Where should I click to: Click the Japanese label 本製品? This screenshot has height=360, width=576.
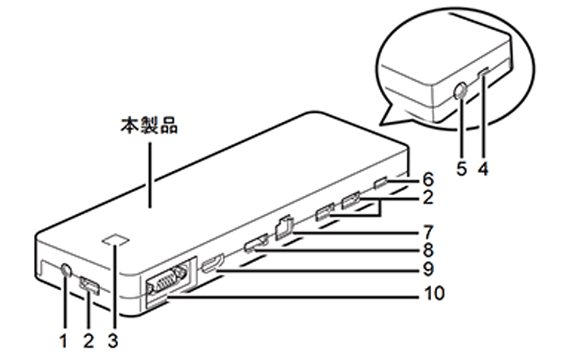tap(149, 126)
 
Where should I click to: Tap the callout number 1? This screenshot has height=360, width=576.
tap(63, 338)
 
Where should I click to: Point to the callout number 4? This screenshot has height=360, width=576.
tap(484, 169)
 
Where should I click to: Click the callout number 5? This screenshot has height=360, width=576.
tap(462, 169)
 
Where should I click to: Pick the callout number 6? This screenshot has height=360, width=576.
tap(427, 178)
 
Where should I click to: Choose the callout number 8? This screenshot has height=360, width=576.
tap(427, 251)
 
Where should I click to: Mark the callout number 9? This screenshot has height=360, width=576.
tap(427, 271)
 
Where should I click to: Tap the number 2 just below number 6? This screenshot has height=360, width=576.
tap(427, 196)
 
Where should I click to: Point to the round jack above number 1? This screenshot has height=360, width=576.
tap(66, 271)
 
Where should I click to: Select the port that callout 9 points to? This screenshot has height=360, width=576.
tap(213, 265)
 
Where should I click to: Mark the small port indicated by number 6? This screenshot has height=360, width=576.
tap(382, 181)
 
